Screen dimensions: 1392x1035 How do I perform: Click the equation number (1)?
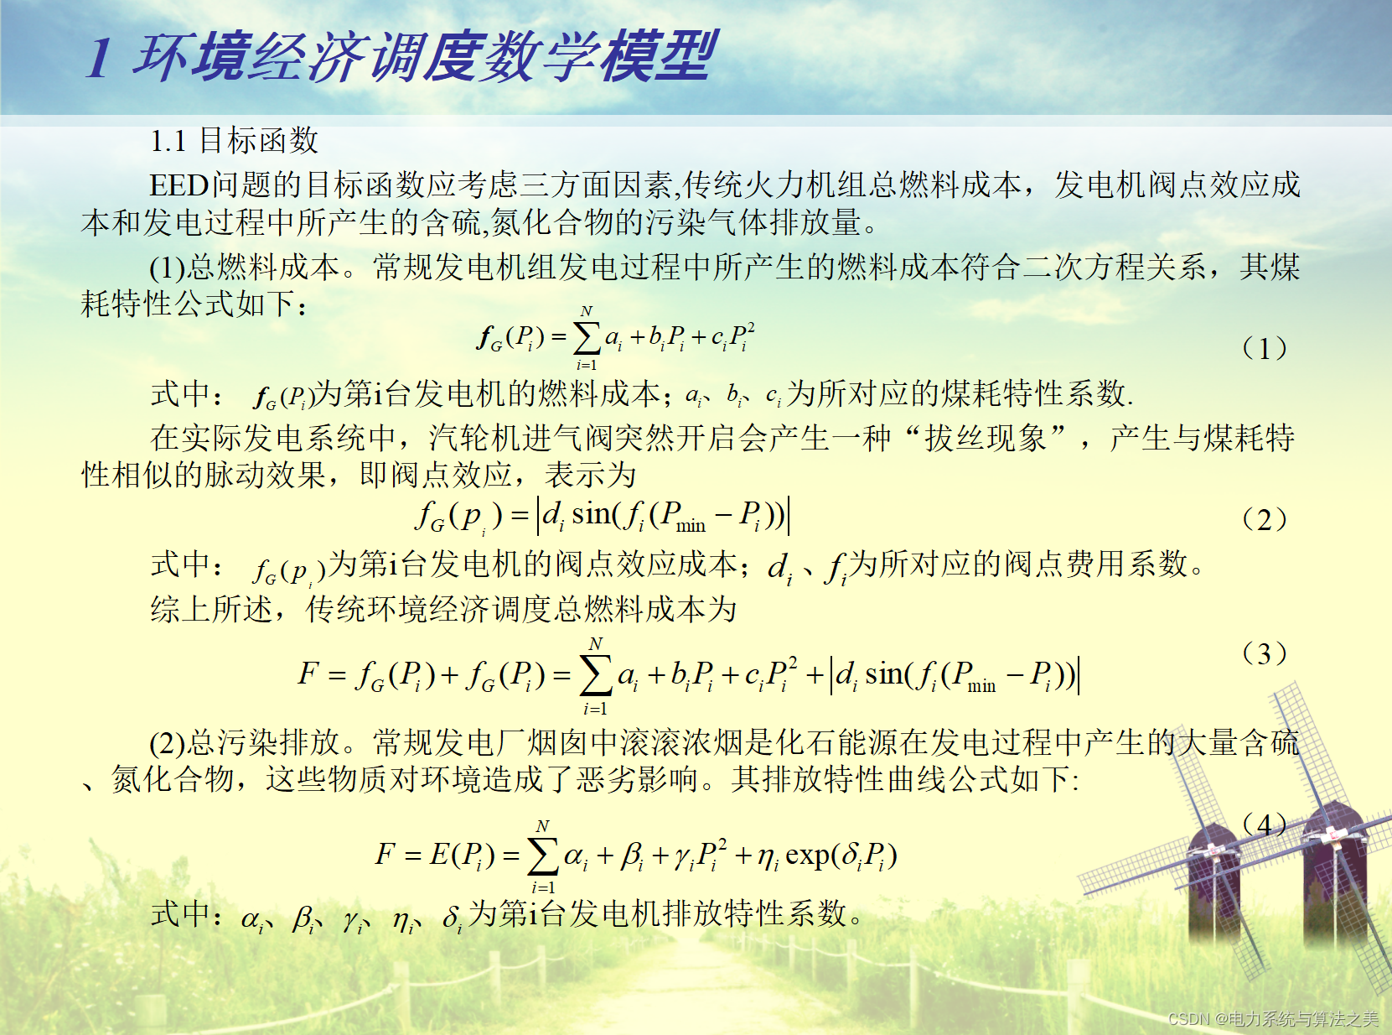click(1265, 348)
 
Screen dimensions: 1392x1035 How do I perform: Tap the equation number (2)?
click(1265, 520)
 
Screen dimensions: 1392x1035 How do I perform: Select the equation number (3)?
click(1265, 654)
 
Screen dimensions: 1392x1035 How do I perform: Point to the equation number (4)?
click(1265, 824)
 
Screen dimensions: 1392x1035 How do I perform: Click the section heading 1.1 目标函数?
click(234, 140)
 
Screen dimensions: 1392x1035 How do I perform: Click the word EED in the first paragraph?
click(179, 185)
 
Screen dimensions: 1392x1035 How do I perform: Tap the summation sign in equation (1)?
click(587, 340)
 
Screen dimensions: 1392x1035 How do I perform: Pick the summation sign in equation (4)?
click(543, 856)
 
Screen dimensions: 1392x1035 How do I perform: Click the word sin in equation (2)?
click(591, 514)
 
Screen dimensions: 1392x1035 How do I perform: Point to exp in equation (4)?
click(808, 856)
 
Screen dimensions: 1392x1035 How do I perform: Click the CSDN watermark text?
click(1273, 1018)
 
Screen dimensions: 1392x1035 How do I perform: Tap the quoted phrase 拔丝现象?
click(986, 438)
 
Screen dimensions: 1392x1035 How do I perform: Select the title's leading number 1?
click(99, 59)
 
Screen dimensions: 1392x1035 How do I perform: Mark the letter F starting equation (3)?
click(308, 674)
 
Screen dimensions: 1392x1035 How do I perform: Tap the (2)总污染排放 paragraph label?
click(245, 743)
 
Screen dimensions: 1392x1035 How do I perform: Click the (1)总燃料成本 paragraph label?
click(245, 268)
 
